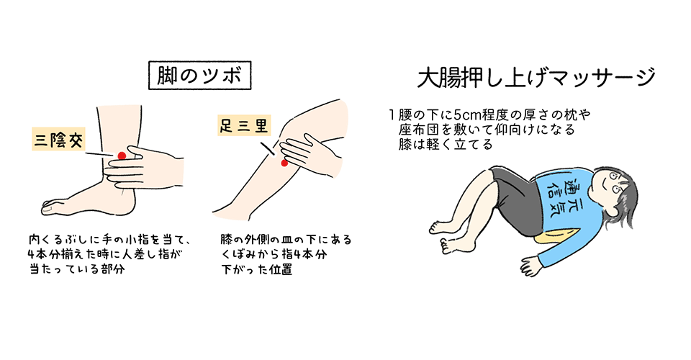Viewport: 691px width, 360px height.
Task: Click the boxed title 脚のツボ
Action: pos(199,76)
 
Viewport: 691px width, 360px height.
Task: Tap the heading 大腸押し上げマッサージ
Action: pos(536,78)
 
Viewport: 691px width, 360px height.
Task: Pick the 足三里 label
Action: pos(244,125)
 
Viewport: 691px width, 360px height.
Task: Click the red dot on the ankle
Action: pos(122,156)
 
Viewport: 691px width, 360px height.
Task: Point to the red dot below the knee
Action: pos(284,163)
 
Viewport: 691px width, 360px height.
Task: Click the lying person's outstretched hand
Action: pos(530,265)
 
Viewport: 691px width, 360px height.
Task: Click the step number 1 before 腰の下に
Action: pos(392,115)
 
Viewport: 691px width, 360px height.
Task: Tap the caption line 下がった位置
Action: pos(257,269)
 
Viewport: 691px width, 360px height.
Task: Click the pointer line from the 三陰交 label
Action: pos(99,155)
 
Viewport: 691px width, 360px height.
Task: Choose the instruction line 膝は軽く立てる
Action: pos(446,145)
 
